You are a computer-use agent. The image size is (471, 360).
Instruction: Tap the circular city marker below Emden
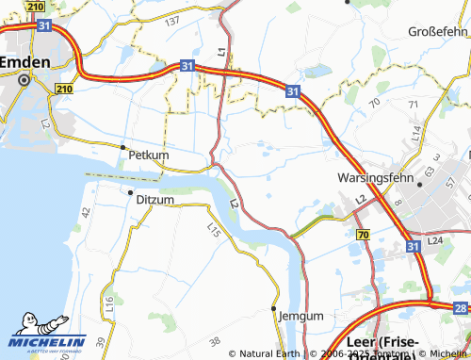[24, 80]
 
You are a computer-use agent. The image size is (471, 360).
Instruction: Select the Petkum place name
[149, 154]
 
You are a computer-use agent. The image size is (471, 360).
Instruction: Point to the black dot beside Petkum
[122, 147]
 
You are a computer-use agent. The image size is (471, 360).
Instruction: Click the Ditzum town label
[155, 199]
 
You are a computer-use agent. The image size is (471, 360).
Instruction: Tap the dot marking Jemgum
[274, 309]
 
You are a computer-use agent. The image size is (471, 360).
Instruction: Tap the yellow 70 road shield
[363, 232]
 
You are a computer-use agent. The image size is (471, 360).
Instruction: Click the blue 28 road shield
[460, 307]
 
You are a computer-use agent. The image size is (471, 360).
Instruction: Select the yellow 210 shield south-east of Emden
[63, 89]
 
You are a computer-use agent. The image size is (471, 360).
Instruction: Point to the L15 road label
[213, 228]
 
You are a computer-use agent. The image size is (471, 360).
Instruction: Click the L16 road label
[110, 303]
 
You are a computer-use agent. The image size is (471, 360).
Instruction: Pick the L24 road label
[434, 241]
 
